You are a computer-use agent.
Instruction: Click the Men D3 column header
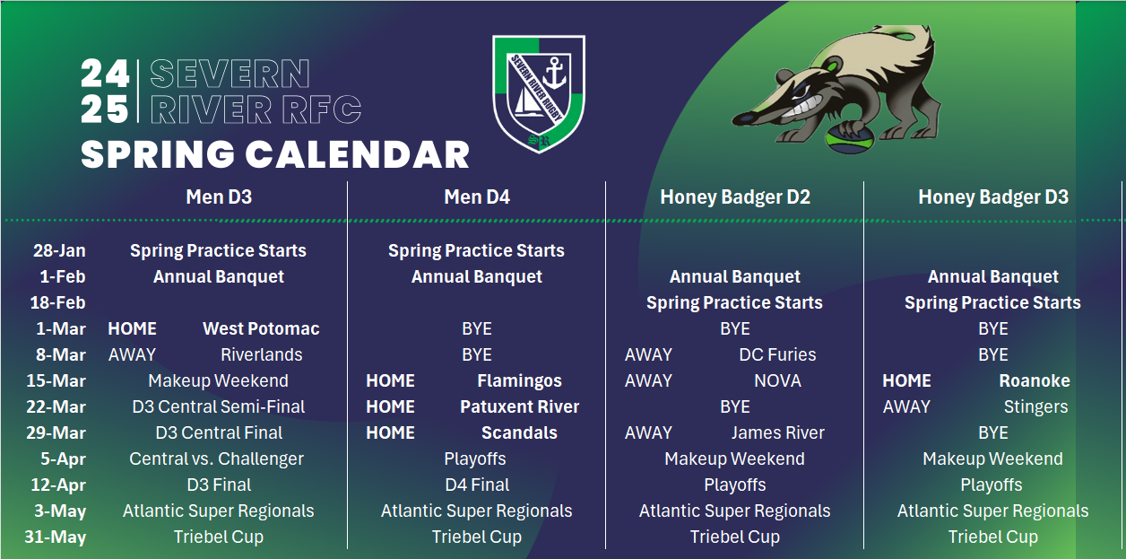click(218, 197)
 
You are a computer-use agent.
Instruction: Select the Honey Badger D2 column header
click(735, 197)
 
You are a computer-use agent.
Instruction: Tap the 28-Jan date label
click(59, 250)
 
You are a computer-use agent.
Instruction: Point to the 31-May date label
click(59, 537)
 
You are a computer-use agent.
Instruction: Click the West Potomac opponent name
click(261, 328)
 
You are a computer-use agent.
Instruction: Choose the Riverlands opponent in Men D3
click(261, 354)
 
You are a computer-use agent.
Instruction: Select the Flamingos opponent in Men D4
click(519, 380)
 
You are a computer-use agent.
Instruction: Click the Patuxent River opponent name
click(519, 406)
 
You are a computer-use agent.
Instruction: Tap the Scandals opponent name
click(519, 432)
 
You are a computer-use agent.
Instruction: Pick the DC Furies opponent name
click(777, 354)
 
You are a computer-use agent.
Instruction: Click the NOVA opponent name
click(777, 380)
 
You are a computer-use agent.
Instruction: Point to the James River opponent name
click(777, 432)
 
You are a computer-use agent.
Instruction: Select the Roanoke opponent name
click(1035, 380)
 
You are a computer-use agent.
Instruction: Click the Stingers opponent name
click(1035, 406)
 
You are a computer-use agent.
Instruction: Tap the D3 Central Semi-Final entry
click(219, 406)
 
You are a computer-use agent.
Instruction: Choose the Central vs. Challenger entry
click(217, 459)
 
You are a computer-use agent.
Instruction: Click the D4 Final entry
click(477, 485)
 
